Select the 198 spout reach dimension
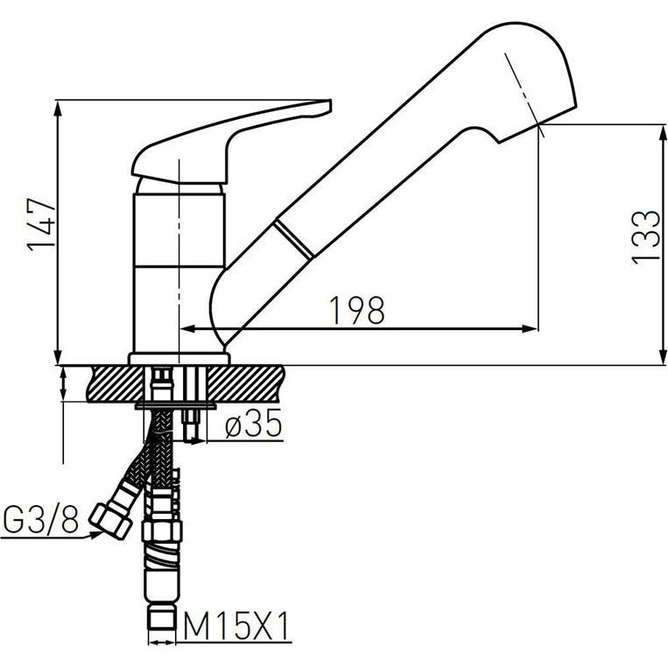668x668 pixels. click(x=357, y=309)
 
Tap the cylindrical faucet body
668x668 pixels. click(x=179, y=271)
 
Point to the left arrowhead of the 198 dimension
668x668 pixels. click(x=186, y=329)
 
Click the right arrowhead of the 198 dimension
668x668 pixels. click(x=529, y=329)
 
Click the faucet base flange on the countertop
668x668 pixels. click(x=179, y=358)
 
